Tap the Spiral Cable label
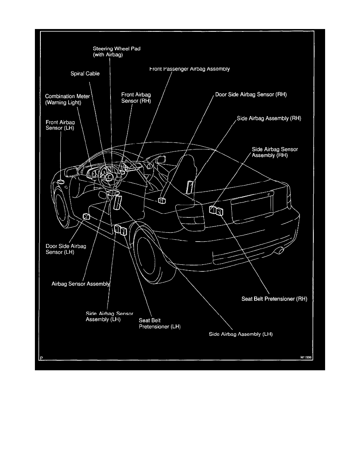pos(85,73)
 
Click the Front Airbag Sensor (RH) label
pos(136,98)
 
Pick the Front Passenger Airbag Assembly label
pos(189,69)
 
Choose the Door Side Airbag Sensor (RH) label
pos(251,95)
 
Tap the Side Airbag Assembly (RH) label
pos(269,118)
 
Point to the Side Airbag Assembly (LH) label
pos(241,335)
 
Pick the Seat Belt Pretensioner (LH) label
pos(159,323)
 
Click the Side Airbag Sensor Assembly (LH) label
pos(109,317)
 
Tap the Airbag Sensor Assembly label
pos(81,284)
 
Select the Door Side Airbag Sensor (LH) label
pos(66,249)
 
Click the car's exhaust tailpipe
pos(281,250)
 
